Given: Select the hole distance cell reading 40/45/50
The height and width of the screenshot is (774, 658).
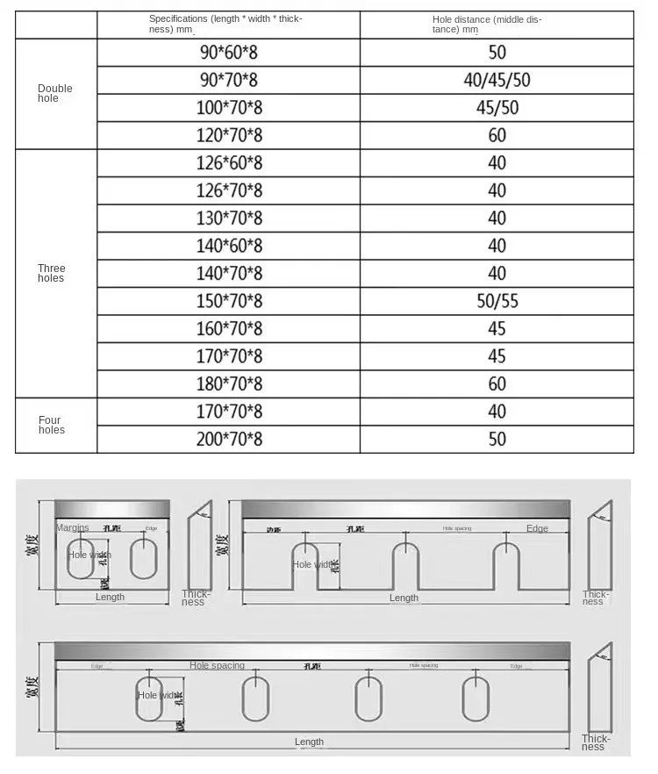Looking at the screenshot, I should [x=497, y=81].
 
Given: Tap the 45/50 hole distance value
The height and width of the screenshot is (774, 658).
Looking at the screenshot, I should [x=497, y=108].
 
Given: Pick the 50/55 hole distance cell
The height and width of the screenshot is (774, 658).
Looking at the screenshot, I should [x=497, y=301].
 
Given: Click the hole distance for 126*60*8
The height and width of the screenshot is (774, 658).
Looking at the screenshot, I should [x=497, y=162].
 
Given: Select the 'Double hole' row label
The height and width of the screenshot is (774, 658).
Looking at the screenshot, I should [x=55, y=93].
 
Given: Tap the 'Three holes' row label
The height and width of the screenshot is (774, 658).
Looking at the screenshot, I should [x=52, y=273].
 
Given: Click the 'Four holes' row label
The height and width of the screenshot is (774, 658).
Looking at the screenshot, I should [x=52, y=425].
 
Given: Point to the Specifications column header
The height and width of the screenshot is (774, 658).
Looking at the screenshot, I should [x=225, y=24].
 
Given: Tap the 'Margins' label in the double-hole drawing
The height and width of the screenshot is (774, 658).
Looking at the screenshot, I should [x=73, y=527].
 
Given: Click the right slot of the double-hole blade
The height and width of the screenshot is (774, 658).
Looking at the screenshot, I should [x=142, y=559].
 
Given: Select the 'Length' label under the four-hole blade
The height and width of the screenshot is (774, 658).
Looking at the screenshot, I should [x=309, y=742].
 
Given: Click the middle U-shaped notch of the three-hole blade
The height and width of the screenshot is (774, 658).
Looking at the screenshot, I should [x=405, y=566].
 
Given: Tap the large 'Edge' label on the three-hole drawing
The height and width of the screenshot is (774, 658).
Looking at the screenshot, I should [x=537, y=528].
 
